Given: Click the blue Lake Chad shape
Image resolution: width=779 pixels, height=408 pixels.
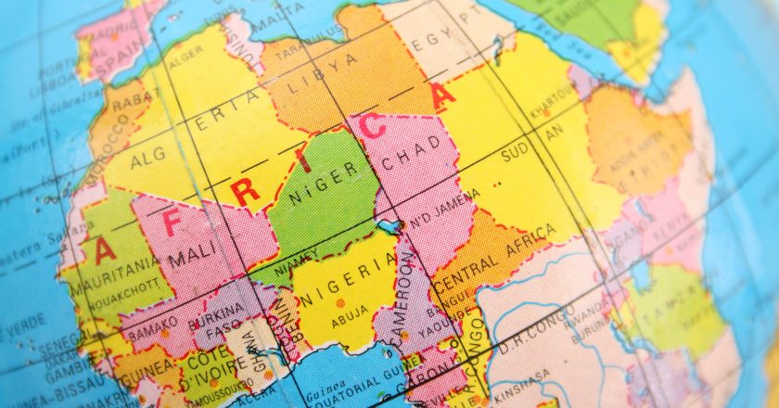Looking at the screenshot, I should click(389, 225).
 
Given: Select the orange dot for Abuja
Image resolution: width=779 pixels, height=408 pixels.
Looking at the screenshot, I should click(340, 302).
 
